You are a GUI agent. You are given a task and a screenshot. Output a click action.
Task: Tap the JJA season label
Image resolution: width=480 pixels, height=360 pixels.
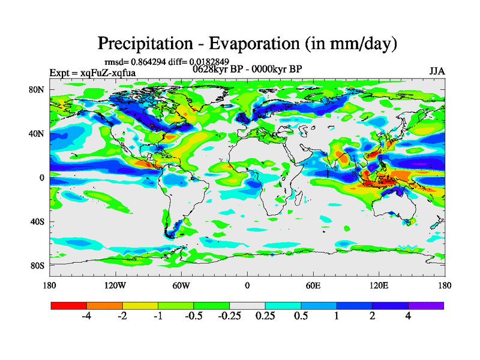pos(437,71)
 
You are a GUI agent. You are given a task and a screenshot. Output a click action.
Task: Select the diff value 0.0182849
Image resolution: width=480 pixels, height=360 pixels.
pos(209,62)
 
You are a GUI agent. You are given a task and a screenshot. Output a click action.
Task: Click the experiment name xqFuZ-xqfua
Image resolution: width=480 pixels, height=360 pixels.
pos(106,73)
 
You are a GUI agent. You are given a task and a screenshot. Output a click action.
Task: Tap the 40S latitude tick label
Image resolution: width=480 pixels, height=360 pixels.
pos(37,221)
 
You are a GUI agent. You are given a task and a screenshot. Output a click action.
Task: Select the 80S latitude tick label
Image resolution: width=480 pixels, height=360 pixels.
pos(37,265)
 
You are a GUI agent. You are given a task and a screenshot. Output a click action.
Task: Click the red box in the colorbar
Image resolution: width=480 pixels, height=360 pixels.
pos(69,305)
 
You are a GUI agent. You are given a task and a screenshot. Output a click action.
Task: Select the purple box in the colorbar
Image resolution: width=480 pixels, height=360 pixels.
pos(426,305)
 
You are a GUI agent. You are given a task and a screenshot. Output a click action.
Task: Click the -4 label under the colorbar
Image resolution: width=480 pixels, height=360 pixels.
pos(86,316)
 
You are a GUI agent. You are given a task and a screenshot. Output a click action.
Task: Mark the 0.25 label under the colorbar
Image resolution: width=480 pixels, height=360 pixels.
pos(265,316)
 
